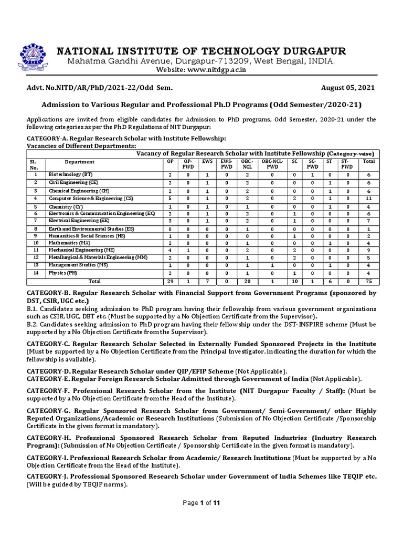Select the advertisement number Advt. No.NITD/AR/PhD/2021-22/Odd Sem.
coord(99,87)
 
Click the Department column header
coord(79,162)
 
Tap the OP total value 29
coord(170,281)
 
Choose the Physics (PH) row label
coord(62,273)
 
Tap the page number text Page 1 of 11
coord(201,503)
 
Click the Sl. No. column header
coord(36,164)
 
